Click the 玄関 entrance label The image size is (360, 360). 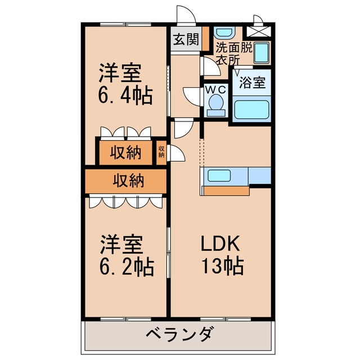pos(186,39)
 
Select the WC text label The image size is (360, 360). pos(215,90)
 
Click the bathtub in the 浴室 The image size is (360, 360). pos(251,110)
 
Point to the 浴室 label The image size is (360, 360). pos(253,82)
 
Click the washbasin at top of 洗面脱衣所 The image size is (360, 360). pos(224,33)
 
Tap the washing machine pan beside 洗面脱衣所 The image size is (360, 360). pos(262,53)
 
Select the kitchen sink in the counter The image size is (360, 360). pos(219,175)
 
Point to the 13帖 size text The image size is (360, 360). pos(223,265)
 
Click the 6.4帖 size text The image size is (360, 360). pos(125,95)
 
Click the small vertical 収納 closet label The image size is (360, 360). pos(161,152)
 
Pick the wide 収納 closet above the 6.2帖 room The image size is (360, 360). pos(125,181)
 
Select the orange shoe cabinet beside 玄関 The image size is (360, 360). pos(205,39)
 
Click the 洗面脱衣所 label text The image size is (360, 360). pos(234,53)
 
